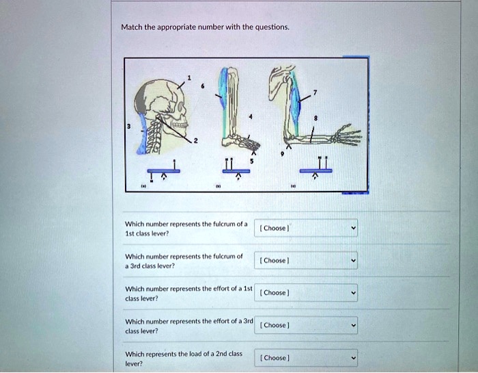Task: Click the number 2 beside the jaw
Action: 197,142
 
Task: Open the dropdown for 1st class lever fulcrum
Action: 307,228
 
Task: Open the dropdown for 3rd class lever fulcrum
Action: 307,260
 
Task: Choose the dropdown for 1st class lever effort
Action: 307,292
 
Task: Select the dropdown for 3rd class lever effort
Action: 307,325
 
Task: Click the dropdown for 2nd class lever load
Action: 307,357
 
